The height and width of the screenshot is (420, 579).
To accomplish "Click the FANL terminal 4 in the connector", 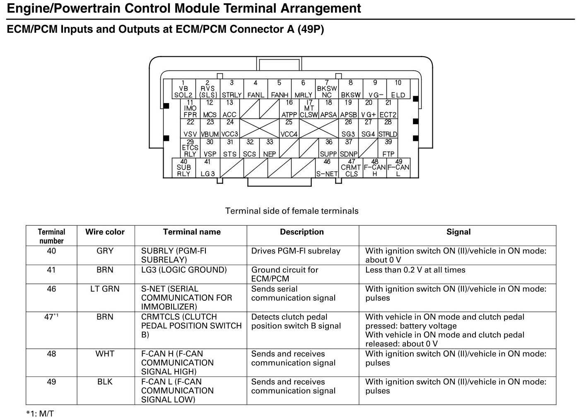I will (256, 89).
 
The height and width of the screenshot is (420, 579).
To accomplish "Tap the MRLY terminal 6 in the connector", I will (303, 89).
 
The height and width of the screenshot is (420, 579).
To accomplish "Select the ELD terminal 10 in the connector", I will (398, 89).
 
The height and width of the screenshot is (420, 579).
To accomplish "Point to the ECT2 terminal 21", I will (388, 109).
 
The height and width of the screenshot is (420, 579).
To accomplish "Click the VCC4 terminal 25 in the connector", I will (289, 128).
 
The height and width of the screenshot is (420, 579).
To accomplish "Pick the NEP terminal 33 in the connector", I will (270, 148).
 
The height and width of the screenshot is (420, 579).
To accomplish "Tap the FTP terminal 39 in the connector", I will (388, 148).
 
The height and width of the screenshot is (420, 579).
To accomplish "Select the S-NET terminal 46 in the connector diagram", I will (327, 168).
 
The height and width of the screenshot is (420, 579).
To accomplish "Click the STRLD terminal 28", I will (388, 128).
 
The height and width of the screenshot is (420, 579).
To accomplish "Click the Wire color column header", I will (105, 232).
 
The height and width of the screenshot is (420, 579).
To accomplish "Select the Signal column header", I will (458, 232).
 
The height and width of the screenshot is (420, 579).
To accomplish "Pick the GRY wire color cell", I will (105, 251).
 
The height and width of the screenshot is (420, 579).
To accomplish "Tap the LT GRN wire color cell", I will (105, 289).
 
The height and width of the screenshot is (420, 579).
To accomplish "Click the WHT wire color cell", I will (105, 354).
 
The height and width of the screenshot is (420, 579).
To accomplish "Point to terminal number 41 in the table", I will (51, 270).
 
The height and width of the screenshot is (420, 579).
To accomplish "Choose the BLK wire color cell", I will (105, 382).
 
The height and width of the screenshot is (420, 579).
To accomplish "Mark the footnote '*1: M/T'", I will (40, 413).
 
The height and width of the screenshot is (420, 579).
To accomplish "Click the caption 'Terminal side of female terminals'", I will (292, 211).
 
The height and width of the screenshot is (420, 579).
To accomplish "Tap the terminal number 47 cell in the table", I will (51, 317).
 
